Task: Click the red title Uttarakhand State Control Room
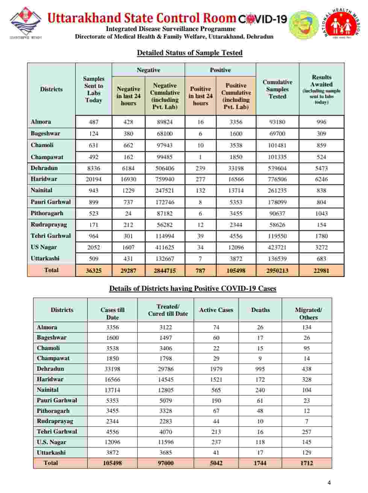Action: pyautogui.click(x=141, y=18)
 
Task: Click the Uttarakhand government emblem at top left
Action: pyautogui.click(x=25, y=22)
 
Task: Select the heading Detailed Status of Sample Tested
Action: pyautogui.click(x=189, y=53)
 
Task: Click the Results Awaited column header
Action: pyautogui.click(x=321, y=89)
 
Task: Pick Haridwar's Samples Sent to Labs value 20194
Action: pyautogui.click(x=94, y=179)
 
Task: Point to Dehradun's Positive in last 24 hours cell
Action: pyautogui.click(x=200, y=168)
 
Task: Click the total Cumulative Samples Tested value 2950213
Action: pyautogui.click(x=277, y=270)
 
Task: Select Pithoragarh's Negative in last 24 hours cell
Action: pyautogui.click(x=128, y=213)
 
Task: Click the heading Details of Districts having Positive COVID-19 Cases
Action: pyautogui.click(x=192, y=289)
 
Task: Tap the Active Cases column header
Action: pyautogui.click(x=216, y=310)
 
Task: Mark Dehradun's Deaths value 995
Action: pyautogui.click(x=260, y=369)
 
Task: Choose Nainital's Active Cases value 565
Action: pyautogui.click(x=216, y=390)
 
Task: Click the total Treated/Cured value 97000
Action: pyautogui.click(x=165, y=463)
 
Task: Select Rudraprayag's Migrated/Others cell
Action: pyautogui.click(x=307, y=421)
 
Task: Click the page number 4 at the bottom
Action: pyautogui.click(x=329, y=483)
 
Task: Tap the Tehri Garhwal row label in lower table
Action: pyautogui.click(x=57, y=432)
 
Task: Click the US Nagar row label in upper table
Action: pyautogui.click(x=44, y=247)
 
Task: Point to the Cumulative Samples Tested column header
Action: pyautogui.click(x=277, y=89)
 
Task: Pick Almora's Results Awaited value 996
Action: pyautogui.click(x=321, y=122)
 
